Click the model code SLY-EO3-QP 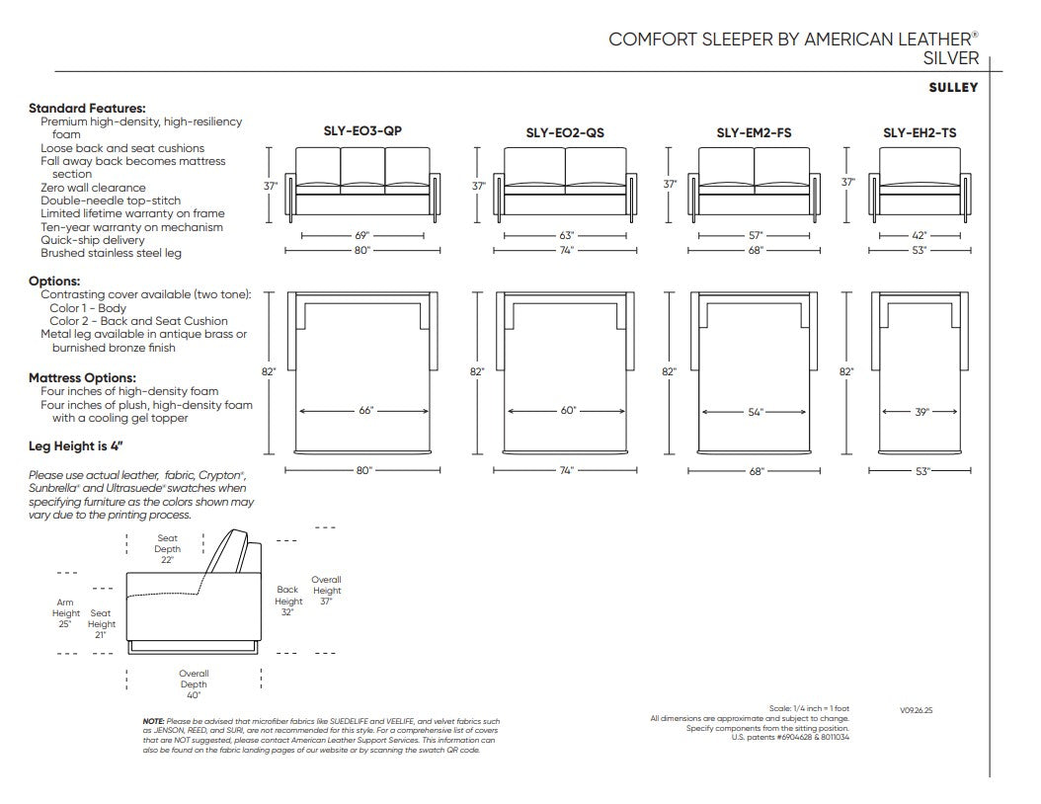(362, 130)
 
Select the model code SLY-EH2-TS (920, 132)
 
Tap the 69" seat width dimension (361, 236)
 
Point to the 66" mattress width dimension (365, 411)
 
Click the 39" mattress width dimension (921, 412)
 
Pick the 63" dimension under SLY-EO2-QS (566, 236)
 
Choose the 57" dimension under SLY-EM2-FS (756, 236)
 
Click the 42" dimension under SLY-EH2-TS (920, 236)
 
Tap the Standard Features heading (87, 109)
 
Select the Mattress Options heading (82, 377)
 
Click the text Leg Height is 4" (76, 446)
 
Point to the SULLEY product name (953, 88)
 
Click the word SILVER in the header (951, 58)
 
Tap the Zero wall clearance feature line (93, 188)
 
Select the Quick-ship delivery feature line (92, 240)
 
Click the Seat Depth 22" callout (167, 549)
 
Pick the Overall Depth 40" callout (194, 684)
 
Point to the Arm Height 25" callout (66, 613)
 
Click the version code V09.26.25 (917, 710)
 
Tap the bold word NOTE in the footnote (153, 721)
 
